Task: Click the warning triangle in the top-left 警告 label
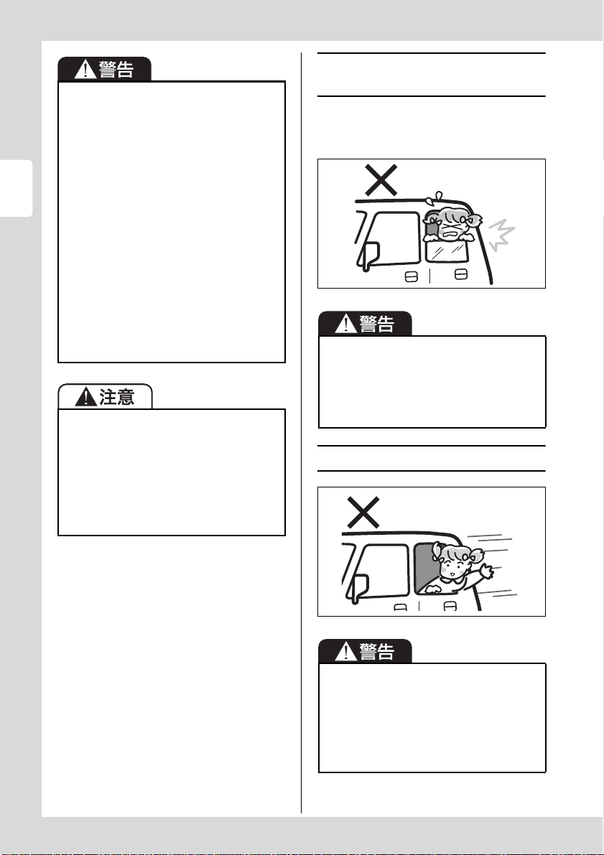85,69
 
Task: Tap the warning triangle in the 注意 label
85,396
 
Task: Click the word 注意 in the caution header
117,397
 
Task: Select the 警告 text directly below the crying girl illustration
377,324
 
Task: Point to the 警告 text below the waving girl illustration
377,651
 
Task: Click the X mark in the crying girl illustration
381,180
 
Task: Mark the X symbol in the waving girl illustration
363,512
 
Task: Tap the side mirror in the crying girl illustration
369,256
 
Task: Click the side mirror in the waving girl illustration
360,589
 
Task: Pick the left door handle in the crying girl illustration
412,277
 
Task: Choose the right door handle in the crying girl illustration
460,274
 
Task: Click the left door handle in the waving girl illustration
401,607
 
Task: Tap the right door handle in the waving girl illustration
450,607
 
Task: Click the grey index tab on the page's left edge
16,188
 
